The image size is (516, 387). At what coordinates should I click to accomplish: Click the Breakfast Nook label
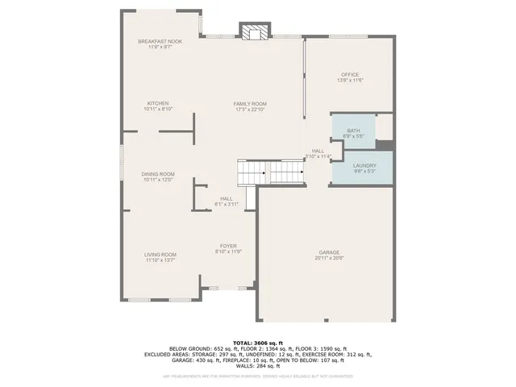(160, 41)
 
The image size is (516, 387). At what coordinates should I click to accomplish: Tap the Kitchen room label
(157, 103)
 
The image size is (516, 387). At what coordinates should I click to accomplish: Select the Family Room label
(250, 103)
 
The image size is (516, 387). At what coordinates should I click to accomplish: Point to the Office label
(350, 75)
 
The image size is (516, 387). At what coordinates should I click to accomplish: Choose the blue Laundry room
(354, 168)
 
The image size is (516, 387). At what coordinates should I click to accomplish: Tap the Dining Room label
(159, 174)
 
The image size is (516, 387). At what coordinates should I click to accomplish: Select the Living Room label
(160, 255)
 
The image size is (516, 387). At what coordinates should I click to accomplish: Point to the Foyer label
(229, 246)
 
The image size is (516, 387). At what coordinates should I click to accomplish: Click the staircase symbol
(271, 172)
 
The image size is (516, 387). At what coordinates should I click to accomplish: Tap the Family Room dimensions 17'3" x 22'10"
(250, 109)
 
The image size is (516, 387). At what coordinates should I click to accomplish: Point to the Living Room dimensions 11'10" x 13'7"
(160, 260)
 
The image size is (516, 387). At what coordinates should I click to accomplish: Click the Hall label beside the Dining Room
(226, 198)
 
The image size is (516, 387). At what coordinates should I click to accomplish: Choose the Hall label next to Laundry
(318, 151)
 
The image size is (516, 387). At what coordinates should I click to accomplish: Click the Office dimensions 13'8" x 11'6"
(350, 81)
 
